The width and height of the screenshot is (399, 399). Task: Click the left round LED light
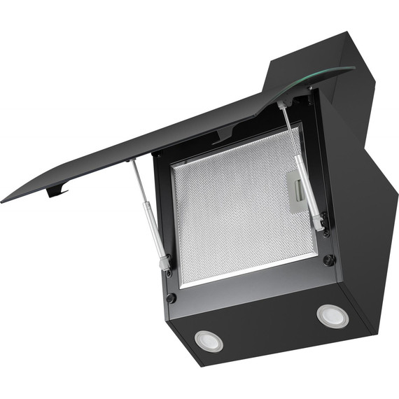209,340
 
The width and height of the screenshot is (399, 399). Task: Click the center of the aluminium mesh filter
241,210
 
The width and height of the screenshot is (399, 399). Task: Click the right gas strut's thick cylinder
308,189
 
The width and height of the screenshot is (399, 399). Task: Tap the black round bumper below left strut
170,297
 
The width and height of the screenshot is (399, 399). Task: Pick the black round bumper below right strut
328,260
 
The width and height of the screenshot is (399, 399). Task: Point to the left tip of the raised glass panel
4,198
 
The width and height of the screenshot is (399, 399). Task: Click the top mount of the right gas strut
281,104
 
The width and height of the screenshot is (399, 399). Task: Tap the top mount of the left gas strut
131,163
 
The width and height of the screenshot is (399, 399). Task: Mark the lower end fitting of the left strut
165,264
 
